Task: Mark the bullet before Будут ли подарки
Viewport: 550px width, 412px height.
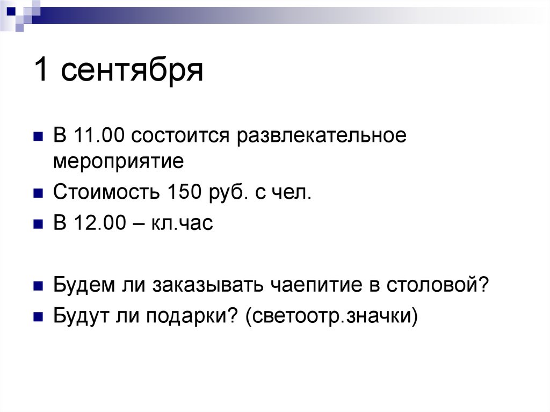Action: click(38, 317)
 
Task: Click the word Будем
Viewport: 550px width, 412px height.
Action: click(82, 285)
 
